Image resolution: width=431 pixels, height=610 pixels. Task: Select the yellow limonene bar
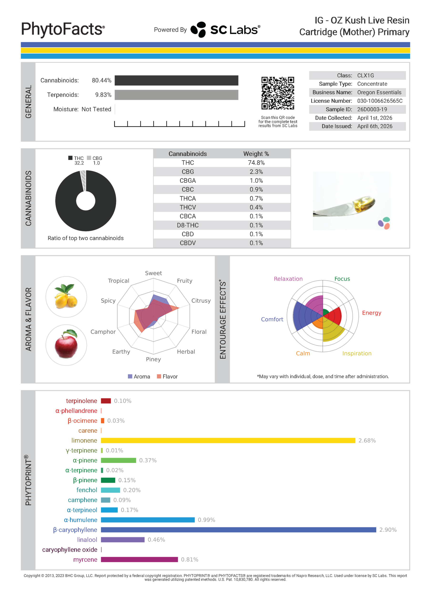pyautogui.click(x=228, y=441)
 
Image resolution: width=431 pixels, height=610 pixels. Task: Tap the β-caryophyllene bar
pyautogui.click(x=238, y=530)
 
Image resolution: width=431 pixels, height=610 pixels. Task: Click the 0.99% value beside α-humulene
pyautogui.click(x=207, y=520)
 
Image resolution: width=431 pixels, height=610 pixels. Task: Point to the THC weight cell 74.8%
pyautogui.click(x=256, y=163)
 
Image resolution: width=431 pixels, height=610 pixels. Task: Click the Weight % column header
pyautogui.click(x=256, y=154)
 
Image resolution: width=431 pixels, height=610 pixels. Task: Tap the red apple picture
pyautogui.click(x=66, y=345)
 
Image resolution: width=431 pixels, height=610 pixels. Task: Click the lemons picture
pyautogui.click(x=66, y=296)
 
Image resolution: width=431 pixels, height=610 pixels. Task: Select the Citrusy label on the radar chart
pyautogui.click(x=201, y=300)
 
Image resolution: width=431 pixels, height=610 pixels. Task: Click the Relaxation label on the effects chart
pyautogui.click(x=288, y=279)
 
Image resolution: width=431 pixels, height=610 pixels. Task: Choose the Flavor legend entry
pyautogui.click(x=167, y=376)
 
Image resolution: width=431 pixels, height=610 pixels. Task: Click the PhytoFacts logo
pyautogui.click(x=63, y=29)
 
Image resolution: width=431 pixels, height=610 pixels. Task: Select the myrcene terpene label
pyautogui.click(x=85, y=559)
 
